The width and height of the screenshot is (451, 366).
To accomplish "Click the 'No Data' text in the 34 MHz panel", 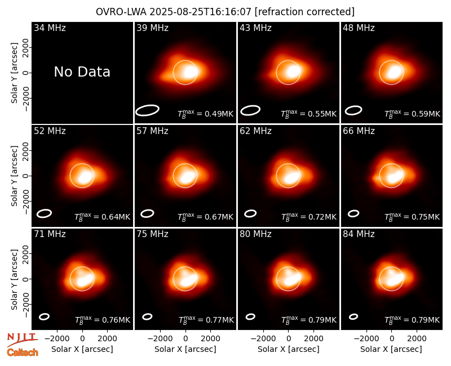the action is (82, 72).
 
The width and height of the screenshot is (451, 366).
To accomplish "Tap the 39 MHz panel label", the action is (152, 28).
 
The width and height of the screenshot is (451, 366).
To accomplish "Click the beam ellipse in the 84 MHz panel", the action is (353, 316).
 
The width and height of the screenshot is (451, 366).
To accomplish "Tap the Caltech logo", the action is (23, 352).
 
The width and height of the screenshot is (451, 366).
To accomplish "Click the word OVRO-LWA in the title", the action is (121, 12).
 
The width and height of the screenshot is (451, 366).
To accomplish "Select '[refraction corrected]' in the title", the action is (304, 12).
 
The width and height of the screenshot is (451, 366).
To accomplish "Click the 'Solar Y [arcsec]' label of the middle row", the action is (15, 176).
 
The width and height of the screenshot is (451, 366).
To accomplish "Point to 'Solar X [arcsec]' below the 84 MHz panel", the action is (391, 349).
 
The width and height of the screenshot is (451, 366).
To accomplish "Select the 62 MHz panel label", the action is (256, 131).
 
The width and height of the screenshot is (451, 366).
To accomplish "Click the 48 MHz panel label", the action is (359, 28).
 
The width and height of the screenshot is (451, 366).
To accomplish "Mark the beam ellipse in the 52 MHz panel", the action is (44, 213).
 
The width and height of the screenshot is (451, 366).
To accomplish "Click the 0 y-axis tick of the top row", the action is (26, 73).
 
